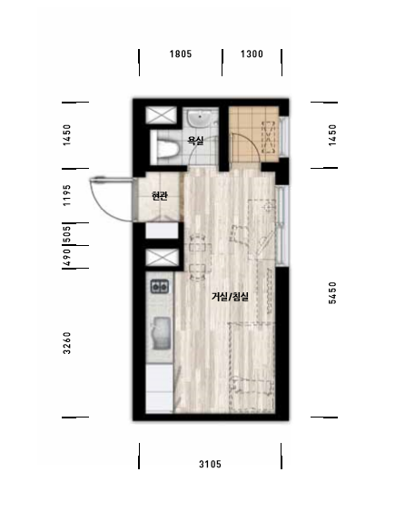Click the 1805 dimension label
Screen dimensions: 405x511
pyautogui.click(x=181, y=54)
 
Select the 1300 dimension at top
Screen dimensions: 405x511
pyautogui.click(x=252, y=54)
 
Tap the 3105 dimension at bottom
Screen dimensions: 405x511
pyautogui.click(x=210, y=464)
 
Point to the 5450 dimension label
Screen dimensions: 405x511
pyautogui.click(x=332, y=292)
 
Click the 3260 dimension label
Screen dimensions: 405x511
pyautogui.click(x=66, y=343)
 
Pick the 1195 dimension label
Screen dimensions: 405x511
pyautogui.click(x=66, y=195)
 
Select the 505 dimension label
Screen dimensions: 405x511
pyautogui.click(x=66, y=234)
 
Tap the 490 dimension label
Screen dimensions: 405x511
pyautogui.click(x=66, y=258)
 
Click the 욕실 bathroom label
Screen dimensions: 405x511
pyautogui.click(x=195, y=141)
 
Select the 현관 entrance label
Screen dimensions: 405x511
pyautogui.click(x=160, y=196)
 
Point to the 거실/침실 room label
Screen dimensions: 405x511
pyautogui.click(x=231, y=297)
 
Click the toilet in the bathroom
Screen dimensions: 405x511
pyautogui.click(x=165, y=148)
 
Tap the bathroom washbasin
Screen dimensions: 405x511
pyautogui.click(x=200, y=119)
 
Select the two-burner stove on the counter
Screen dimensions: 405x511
pyautogui.click(x=160, y=287)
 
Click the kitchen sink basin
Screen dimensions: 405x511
pyautogui.click(x=162, y=333)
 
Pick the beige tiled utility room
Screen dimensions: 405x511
pyautogui.click(x=253, y=134)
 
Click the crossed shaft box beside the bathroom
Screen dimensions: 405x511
pyautogui.click(x=161, y=115)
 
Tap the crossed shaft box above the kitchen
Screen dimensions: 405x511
pyautogui.click(x=162, y=258)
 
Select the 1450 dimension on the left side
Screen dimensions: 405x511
pyautogui.click(x=66, y=135)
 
